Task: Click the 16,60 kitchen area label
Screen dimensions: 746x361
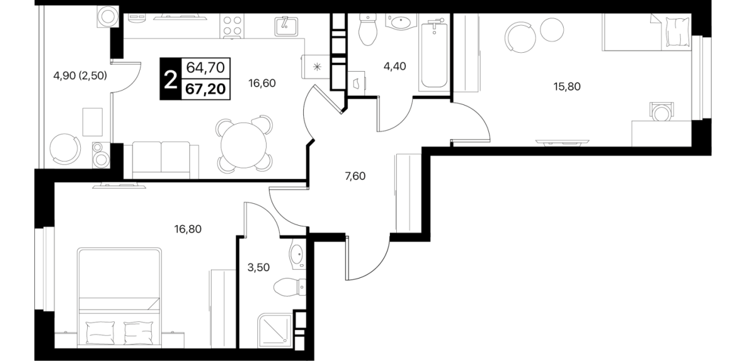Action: click(262, 83)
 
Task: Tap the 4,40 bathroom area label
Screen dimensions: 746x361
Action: click(395, 66)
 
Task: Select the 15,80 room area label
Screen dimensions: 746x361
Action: click(567, 87)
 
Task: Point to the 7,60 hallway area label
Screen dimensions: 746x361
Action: click(355, 176)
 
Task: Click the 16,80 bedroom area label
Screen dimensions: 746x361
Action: click(188, 229)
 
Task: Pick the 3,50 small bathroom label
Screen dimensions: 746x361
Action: click(259, 267)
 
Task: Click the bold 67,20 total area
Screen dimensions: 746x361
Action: click(205, 89)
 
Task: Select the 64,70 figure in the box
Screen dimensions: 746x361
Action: click(205, 68)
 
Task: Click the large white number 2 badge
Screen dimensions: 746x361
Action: click(170, 79)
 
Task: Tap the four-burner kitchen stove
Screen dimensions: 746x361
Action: click(232, 26)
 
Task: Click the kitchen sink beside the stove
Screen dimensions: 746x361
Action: click(286, 26)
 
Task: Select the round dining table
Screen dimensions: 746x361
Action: click(244, 146)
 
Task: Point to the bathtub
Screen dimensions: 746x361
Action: click(434, 53)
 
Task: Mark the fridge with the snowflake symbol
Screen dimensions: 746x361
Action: click(317, 67)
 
